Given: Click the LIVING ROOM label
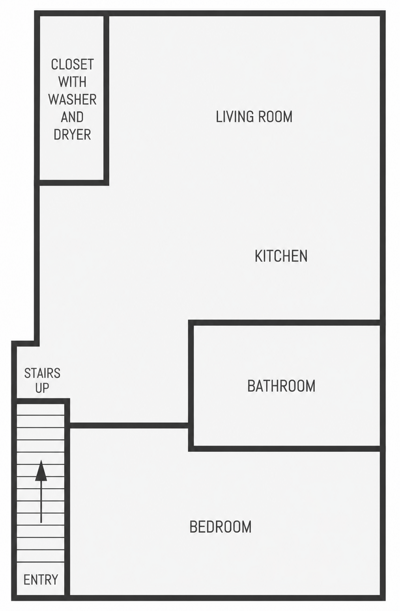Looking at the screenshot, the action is pos(254,117).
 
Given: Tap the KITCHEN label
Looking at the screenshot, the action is pos(281,256).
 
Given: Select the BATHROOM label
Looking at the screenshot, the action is pos(281,386).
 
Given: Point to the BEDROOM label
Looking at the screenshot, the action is pos(221,527).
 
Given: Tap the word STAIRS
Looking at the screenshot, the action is pos(42,373).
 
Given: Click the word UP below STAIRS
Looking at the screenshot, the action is pos(42,388).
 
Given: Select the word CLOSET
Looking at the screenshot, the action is pos(73,64).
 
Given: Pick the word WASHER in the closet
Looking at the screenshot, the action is pos(73,100).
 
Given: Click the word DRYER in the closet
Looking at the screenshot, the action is pos(73,134).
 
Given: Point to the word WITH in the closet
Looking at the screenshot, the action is pos(73,82).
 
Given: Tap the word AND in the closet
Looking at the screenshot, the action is pos(73,117).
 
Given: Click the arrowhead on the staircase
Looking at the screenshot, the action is pos(41,471).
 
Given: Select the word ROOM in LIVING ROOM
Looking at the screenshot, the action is pos(275,117).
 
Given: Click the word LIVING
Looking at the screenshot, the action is pos(234,117).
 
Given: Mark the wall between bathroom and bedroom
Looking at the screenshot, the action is pos(284,449).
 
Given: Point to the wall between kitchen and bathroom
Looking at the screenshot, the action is pos(284,323).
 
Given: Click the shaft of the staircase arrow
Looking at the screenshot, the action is pos(41,502).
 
